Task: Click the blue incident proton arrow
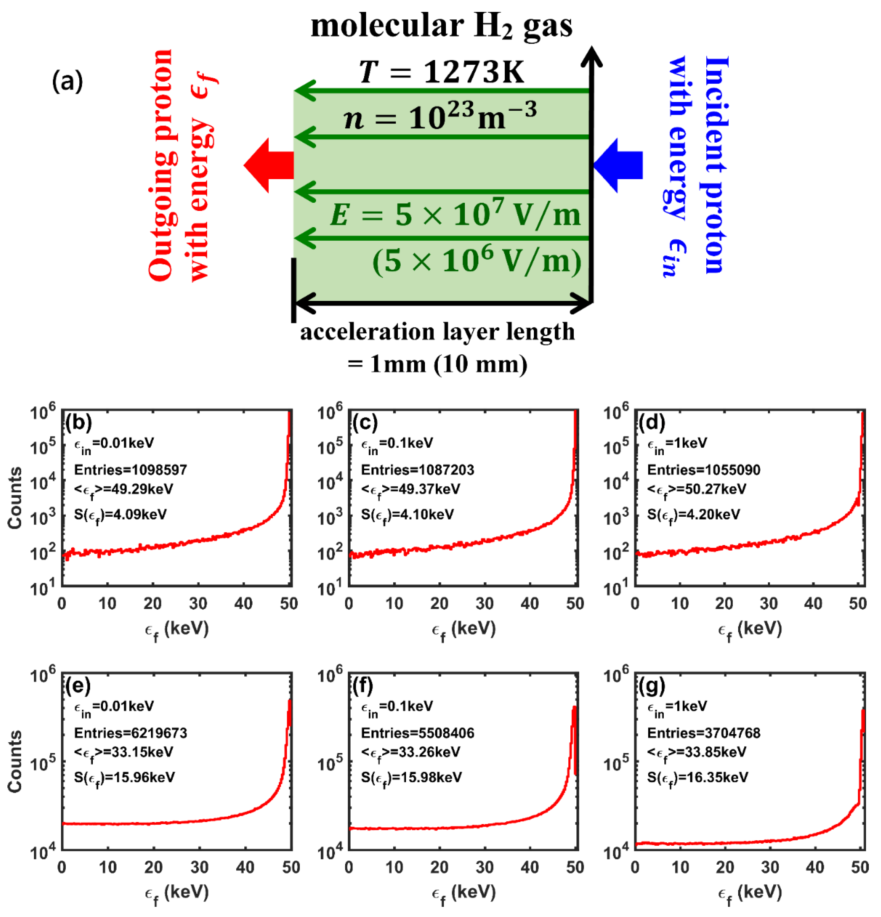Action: [x=619, y=165]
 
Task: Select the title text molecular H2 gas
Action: [x=441, y=26]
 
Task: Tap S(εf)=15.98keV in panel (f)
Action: [x=411, y=777]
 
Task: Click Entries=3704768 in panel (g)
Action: [x=703, y=733]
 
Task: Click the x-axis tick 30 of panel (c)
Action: [x=484, y=603]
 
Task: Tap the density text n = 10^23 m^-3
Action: [x=440, y=117]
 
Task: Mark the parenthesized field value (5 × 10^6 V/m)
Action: [x=476, y=261]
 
